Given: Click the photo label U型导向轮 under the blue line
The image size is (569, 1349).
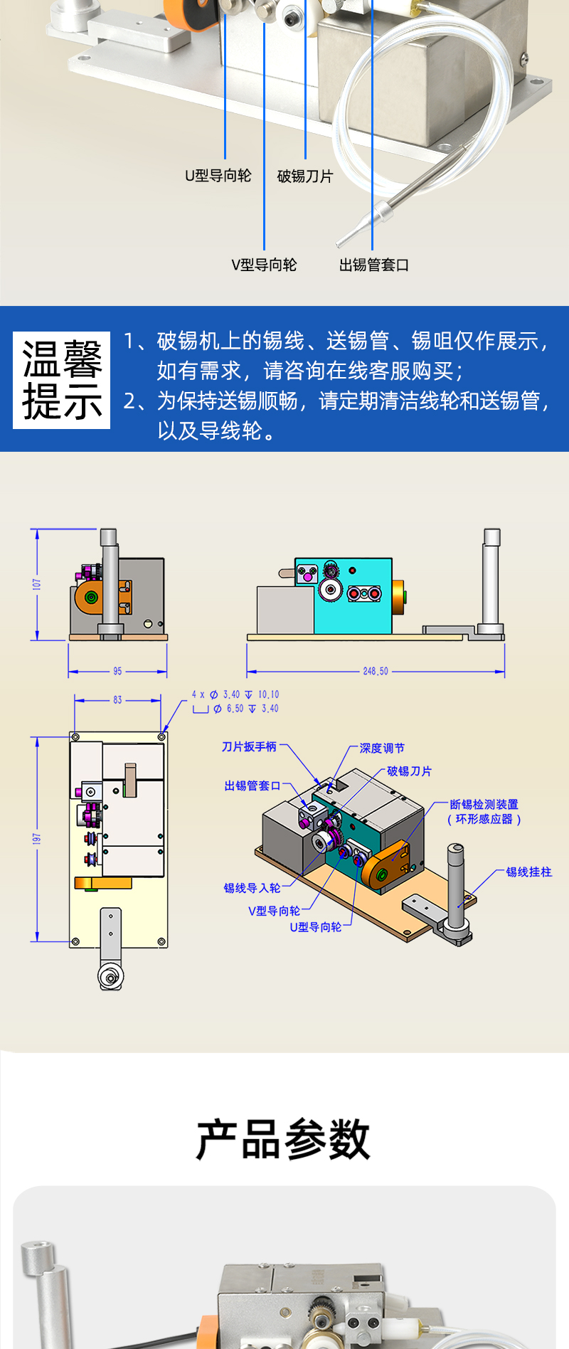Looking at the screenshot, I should point(218,176).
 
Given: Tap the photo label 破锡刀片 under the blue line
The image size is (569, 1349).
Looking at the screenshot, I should point(305,176).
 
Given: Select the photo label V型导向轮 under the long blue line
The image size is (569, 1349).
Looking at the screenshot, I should point(264,265).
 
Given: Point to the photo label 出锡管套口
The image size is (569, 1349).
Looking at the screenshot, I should point(374,265).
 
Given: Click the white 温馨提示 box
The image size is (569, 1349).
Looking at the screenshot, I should point(62,380).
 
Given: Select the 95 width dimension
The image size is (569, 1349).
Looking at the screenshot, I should point(117,671).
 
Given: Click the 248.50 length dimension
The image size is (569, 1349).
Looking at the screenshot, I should point(376,671).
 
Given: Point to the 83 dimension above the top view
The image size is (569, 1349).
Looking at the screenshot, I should point(117,700).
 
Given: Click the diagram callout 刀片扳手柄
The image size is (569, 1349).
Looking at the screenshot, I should point(249,746).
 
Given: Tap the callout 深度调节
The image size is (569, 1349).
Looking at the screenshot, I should point(382,748).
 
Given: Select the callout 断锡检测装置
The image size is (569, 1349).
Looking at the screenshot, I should point(484,805).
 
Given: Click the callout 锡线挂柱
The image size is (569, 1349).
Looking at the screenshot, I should point(528,872).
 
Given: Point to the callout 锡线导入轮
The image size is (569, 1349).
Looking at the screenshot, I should point(252,888).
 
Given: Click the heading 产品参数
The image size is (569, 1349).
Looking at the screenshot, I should point(284,1140).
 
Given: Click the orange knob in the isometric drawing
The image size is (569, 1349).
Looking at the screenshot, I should point(383,864).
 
